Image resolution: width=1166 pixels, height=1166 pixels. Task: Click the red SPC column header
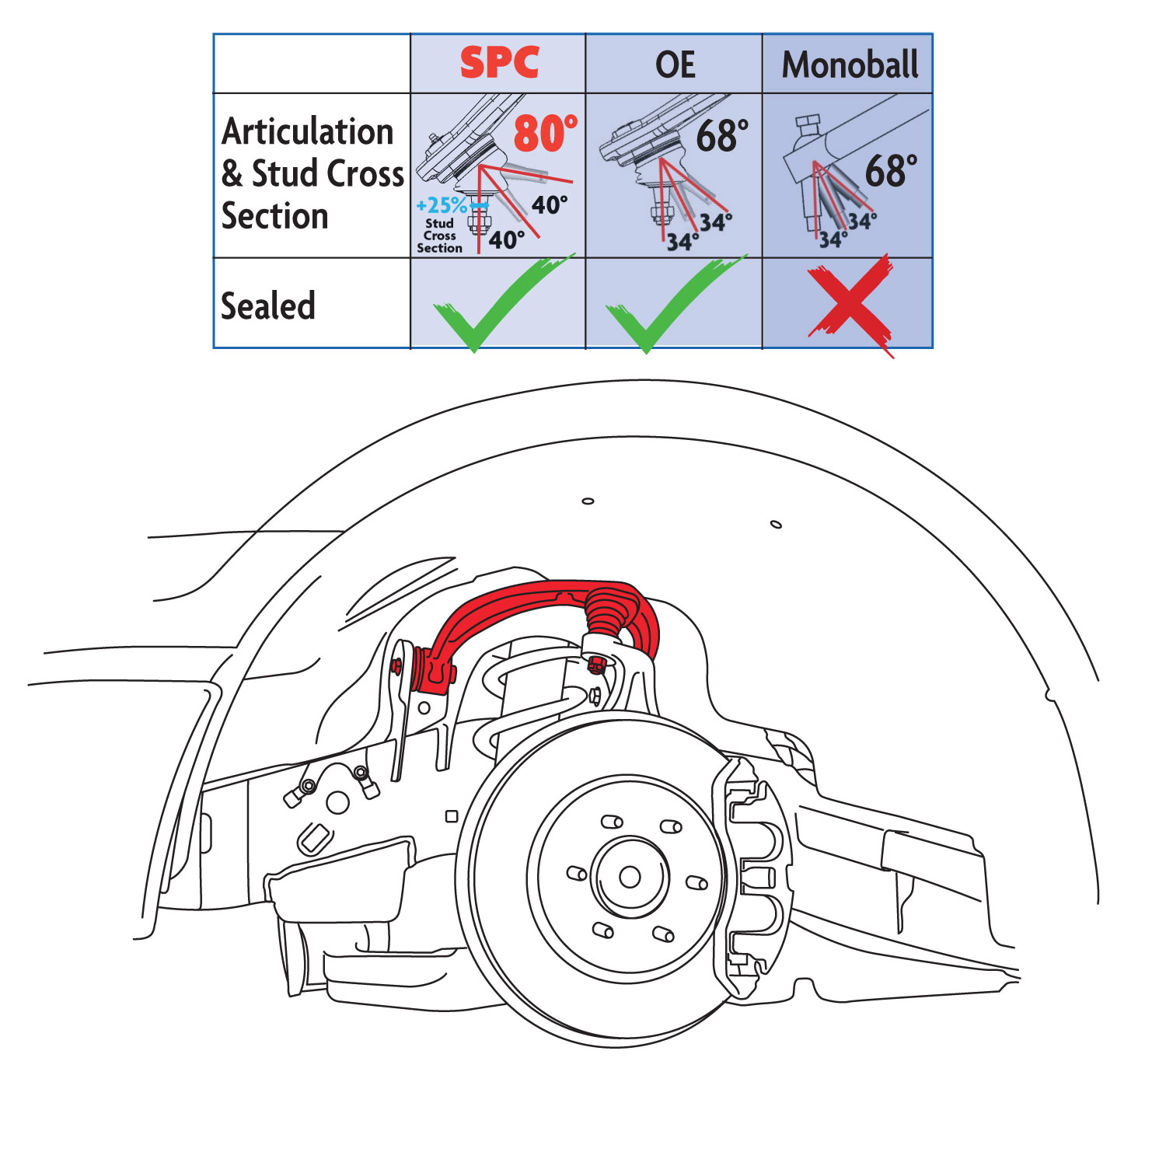[499, 63]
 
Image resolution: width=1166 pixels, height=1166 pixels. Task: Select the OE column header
[675, 65]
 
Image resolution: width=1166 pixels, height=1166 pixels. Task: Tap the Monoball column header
[850, 65]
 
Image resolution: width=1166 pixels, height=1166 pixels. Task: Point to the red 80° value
[545, 134]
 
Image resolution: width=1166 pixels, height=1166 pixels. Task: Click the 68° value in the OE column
[721, 136]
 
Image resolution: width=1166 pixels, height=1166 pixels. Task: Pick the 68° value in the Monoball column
[891, 171]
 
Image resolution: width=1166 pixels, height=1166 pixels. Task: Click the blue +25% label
[442, 206]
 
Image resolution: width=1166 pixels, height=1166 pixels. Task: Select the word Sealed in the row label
[268, 305]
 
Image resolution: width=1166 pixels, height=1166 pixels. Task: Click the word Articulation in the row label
[308, 131]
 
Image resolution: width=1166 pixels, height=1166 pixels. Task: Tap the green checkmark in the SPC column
[497, 307]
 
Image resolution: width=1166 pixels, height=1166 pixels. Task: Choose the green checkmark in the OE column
[670, 307]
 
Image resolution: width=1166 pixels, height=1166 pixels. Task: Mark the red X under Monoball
[850, 305]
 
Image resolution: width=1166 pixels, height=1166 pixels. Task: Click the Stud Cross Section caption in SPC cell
[439, 236]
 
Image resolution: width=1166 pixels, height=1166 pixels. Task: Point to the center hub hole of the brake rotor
[630, 878]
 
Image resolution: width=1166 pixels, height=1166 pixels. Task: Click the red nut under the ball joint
[597, 665]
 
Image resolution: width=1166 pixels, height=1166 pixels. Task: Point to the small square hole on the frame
[452, 816]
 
